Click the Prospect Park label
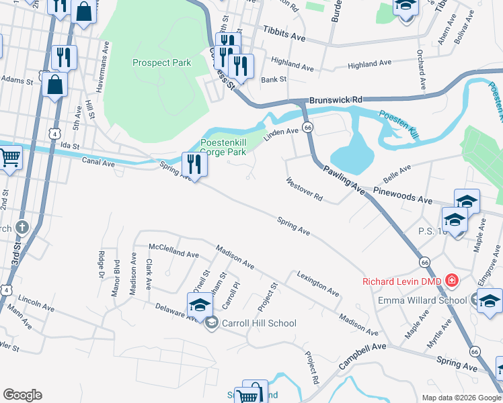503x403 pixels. click(161, 63)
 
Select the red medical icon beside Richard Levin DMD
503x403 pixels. click(451, 281)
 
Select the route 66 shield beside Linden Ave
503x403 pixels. click(307, 127)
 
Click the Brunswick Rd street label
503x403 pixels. click(335, 99)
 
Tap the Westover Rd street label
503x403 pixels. click(305, 190)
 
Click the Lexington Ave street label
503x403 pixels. click(318, 283)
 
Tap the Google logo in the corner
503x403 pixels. click(22, 395)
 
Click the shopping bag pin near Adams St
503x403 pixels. click(54, 85)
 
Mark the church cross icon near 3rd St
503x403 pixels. click(22, 228)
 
